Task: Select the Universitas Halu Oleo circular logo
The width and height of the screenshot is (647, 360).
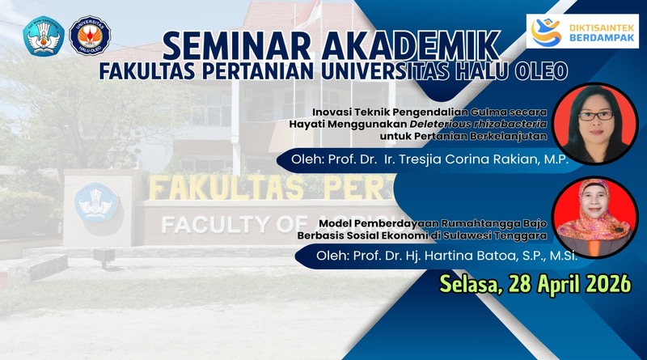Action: [89, 36]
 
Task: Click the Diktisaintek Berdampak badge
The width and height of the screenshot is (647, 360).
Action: [582, 32]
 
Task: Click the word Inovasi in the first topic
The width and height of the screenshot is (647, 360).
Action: [331, 112]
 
